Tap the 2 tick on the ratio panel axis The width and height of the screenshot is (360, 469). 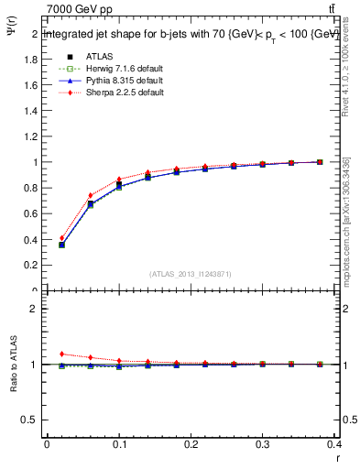35,309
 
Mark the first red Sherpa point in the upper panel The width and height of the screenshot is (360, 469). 61,238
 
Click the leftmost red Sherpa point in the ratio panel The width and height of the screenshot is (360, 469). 61,354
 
